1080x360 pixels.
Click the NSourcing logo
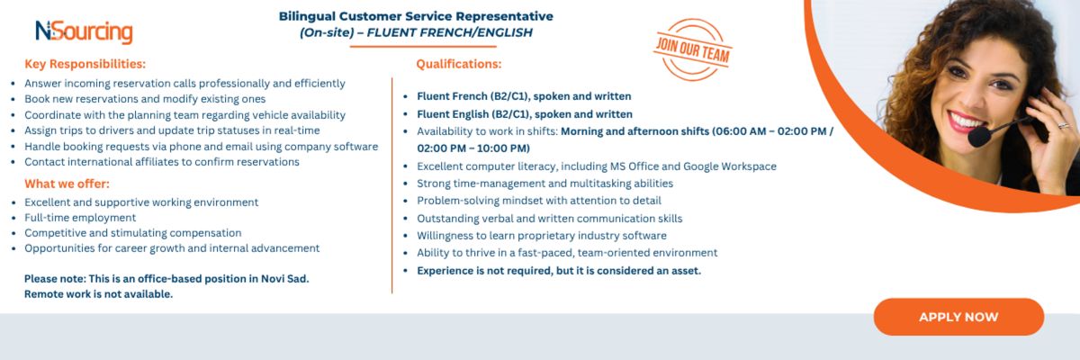click(84, 31)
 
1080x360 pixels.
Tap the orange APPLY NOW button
click(958, 317)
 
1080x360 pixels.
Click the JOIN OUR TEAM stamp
click(693, 49)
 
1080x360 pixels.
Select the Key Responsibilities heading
click(85, 64)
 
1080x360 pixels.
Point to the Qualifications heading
click(458, 64)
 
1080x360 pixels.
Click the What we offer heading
click(67, 184)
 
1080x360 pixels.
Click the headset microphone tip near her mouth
click(978, 137)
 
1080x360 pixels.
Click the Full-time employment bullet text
click(80, 218)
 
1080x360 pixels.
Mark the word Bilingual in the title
click(307, 16)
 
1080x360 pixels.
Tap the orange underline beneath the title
click(423, 46)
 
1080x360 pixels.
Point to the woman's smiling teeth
click(965, 120)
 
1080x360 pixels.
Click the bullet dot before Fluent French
click(406, 97)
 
